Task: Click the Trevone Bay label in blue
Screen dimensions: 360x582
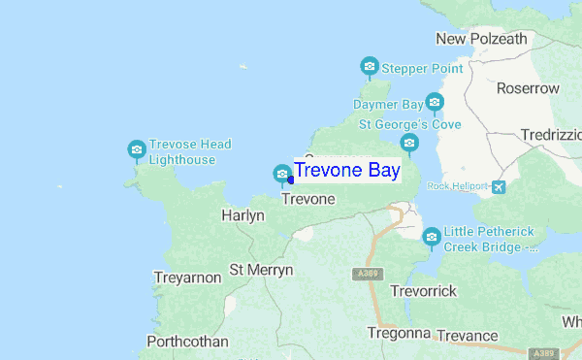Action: coord(346,172)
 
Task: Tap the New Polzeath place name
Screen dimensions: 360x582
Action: coord(481,39)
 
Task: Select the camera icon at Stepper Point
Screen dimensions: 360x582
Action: coord(369,67)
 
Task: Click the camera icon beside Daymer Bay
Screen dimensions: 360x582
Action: coord(435,102)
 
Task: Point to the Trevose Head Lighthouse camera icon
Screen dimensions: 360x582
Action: coord(137,149)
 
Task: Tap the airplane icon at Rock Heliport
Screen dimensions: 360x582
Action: coord(499,186)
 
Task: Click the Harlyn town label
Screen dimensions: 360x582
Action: coord(242,215)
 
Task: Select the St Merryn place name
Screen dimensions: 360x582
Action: coord(260,269)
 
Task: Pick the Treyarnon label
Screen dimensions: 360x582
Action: coord(187,278)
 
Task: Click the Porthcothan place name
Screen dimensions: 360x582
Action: coord(187,342)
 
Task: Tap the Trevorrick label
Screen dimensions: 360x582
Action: coord(423,291)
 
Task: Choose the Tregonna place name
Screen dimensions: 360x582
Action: coord(398,333)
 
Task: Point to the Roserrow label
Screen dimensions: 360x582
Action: coord(528,88)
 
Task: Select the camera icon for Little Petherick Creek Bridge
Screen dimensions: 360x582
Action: coord(431,236)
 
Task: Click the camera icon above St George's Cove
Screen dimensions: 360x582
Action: coord(409,145)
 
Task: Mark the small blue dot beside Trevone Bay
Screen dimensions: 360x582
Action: coord(291,180)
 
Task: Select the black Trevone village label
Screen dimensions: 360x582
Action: coord(307,199)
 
